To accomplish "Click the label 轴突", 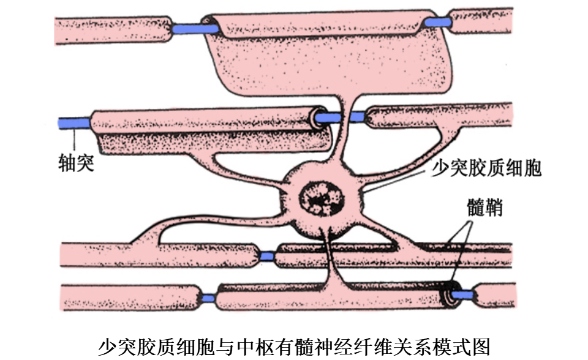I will [77, 163].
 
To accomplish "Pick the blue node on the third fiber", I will [266, 256].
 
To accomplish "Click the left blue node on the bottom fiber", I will [208, 299].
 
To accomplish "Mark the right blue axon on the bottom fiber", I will [466, 294].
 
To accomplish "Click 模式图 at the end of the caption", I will [465, 346].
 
